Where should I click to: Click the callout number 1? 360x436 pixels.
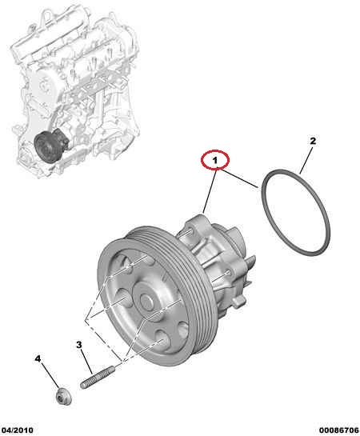(214, 160)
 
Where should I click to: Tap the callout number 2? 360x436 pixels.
(313, 141)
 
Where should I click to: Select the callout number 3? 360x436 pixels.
(79, 345)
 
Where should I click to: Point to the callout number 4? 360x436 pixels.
(38, 358)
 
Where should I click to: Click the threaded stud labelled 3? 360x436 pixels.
(98, 377)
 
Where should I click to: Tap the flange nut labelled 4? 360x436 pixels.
(64, 396)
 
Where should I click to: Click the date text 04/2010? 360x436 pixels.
(18, 430)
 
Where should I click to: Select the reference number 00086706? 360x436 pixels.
(339, 430)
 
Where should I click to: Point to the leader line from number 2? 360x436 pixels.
(306, 160)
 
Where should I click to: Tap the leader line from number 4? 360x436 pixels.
(50, 375)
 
